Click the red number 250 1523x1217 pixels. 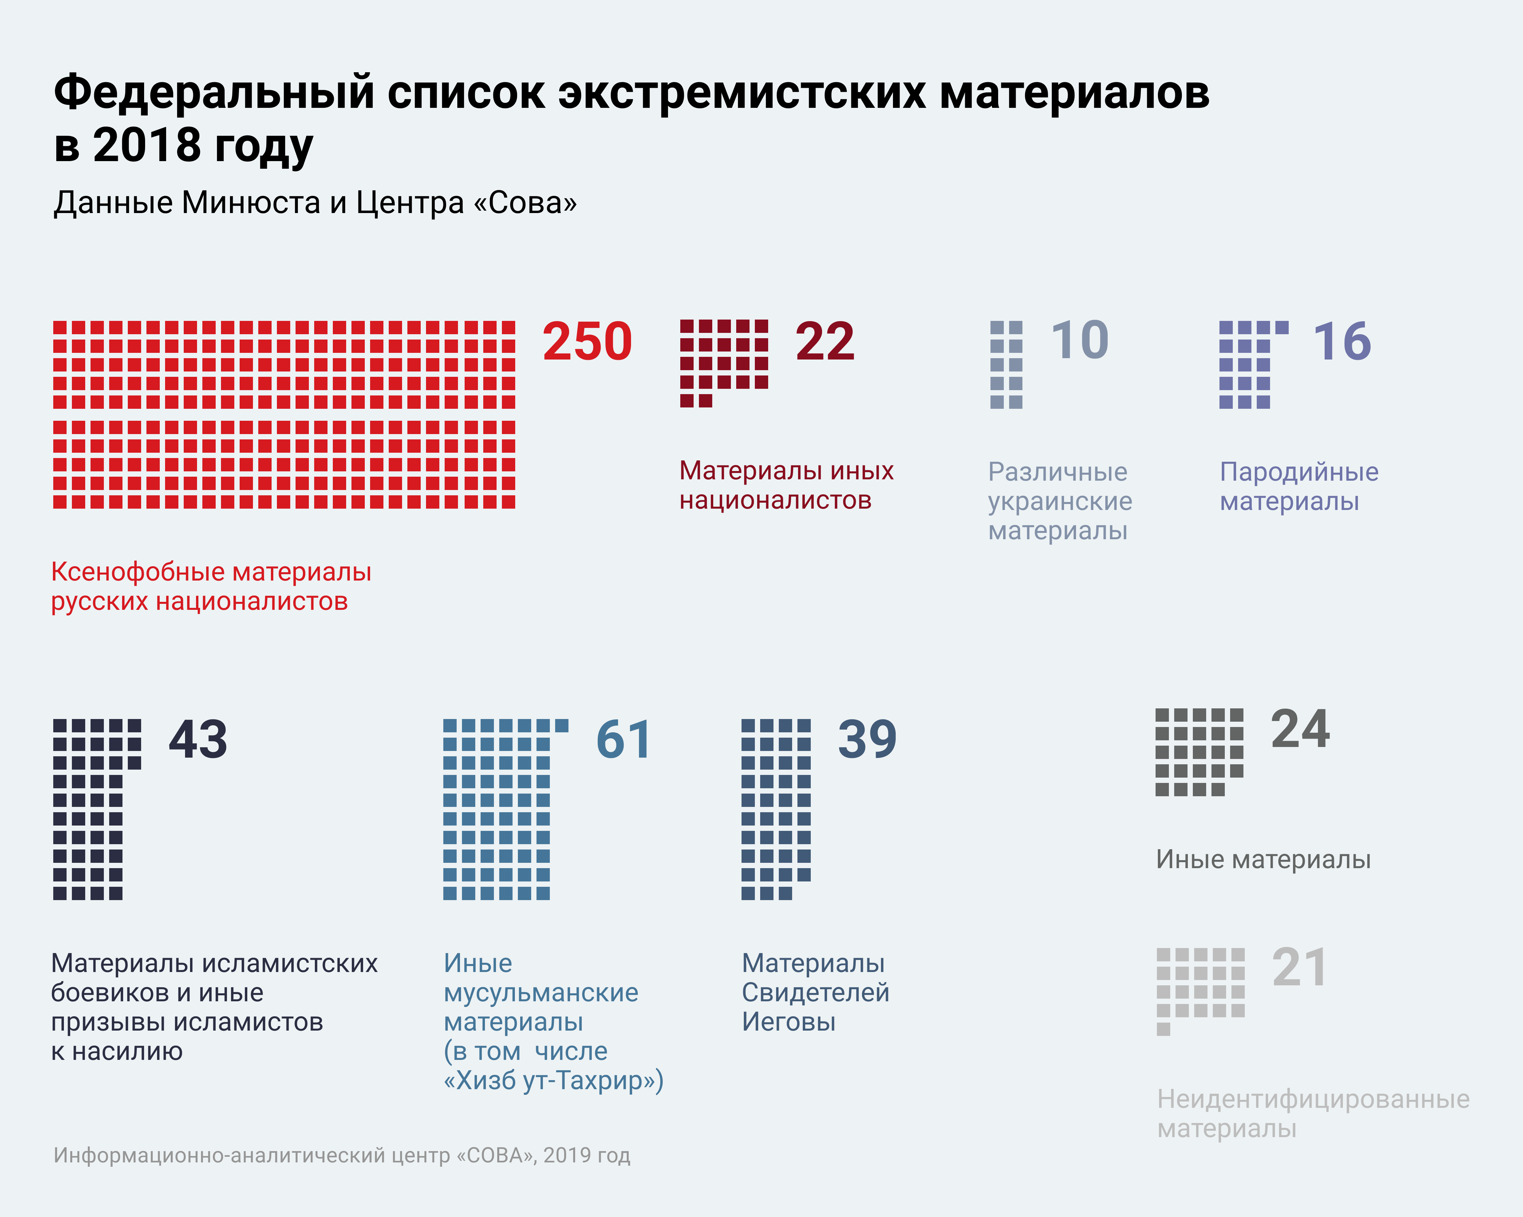587,342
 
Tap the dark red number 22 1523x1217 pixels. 825,342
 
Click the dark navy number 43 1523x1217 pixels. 198,740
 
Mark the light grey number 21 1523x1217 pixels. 1300,968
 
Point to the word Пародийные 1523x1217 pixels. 1299,472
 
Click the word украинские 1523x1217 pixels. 1060,502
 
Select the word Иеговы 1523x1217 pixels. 788,1022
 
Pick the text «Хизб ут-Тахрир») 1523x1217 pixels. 553,1081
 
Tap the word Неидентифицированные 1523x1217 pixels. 1313,1099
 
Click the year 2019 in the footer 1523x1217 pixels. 567,1155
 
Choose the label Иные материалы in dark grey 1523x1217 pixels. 1263,859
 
